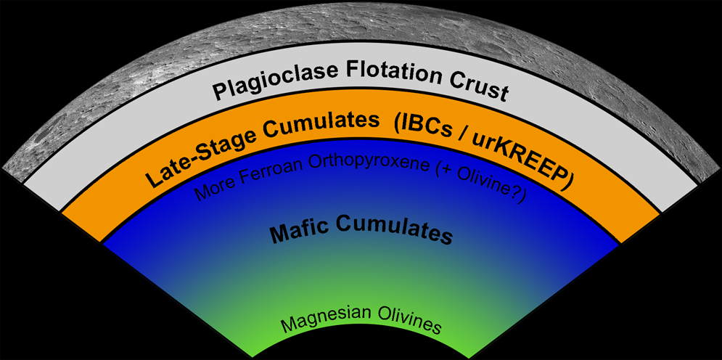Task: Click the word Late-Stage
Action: click(x=191, y=155)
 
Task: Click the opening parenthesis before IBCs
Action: click(x=398, y=125)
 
